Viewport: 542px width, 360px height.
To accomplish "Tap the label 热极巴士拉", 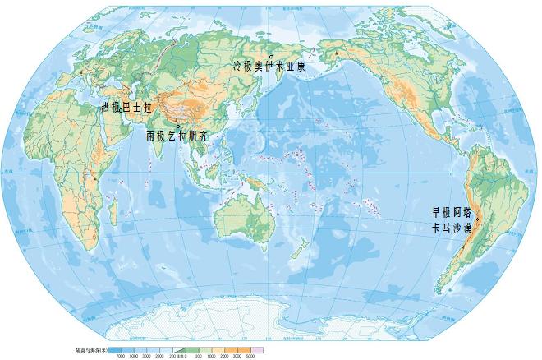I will tap(127, 107).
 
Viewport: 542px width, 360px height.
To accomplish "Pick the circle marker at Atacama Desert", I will tap(476, 219).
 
